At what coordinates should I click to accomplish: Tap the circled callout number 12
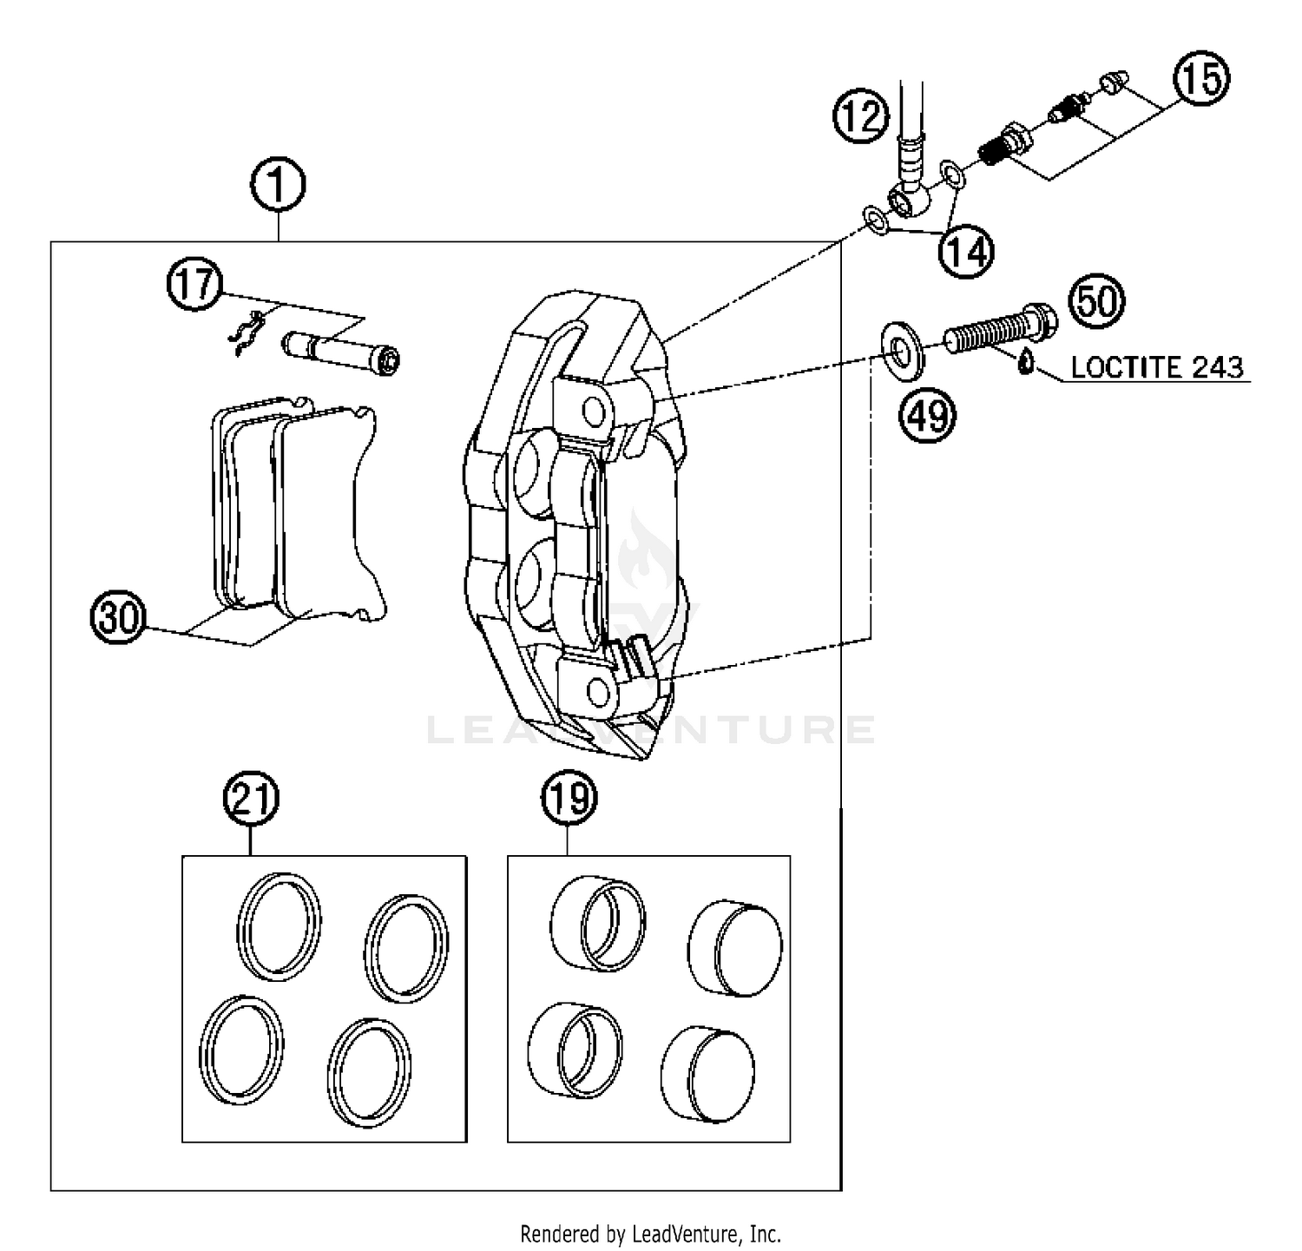pyautogui.click(x=862, y=116)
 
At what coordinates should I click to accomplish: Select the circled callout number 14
pyautogui.click(x=966, y=252)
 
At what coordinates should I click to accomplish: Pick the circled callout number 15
pyautogui.click(x=1202, y=79)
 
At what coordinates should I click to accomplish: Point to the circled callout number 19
pyautogui.click(x=569, y=797)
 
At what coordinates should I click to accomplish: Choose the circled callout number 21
pyautogui.click(x=252, y=797)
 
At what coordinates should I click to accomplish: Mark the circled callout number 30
pyautogui.click(x=119, y=617)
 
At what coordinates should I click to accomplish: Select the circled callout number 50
pyautogui.click(x=1096, y=302)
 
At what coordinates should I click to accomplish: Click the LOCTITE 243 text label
pyautogui.click(x=1157, y=367)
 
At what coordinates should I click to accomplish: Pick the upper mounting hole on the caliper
pyautogui.click(x=595, y=410)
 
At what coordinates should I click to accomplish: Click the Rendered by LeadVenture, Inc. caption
pyautogui.click(x=650, y=1233)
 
